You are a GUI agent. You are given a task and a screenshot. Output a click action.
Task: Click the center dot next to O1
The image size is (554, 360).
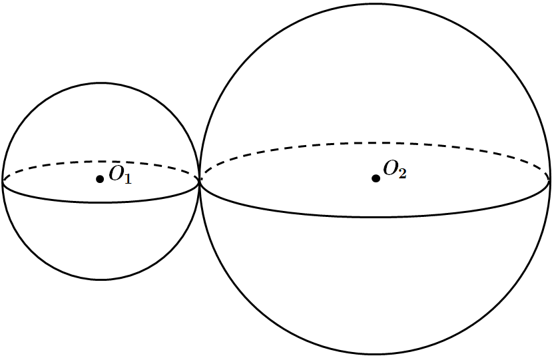[100, 179]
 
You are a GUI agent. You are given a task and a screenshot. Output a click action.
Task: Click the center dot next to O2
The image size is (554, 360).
[376, 178]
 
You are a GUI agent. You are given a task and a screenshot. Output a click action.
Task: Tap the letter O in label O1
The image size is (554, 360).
[116, 173]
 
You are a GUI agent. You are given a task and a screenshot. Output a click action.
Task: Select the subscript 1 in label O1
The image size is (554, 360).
[128, 178]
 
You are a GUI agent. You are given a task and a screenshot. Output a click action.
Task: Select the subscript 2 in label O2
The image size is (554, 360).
[402, 173]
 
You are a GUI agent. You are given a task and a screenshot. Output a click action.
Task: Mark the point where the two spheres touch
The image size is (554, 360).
[199, 180]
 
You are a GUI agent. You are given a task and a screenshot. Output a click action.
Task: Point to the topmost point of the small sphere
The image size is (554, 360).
[101, 84]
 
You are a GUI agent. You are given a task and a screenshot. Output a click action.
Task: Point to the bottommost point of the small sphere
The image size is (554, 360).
[101, 279]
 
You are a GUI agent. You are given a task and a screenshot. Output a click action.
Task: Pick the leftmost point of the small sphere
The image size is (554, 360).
[3, 182]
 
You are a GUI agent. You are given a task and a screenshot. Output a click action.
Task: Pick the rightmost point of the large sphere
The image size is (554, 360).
[550, 179]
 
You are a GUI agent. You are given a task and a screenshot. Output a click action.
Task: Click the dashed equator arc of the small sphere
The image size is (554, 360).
[101, 162]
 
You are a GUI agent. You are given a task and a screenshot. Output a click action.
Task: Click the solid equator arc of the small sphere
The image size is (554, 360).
[101, 202]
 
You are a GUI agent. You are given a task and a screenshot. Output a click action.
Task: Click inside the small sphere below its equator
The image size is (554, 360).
[101, 240]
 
